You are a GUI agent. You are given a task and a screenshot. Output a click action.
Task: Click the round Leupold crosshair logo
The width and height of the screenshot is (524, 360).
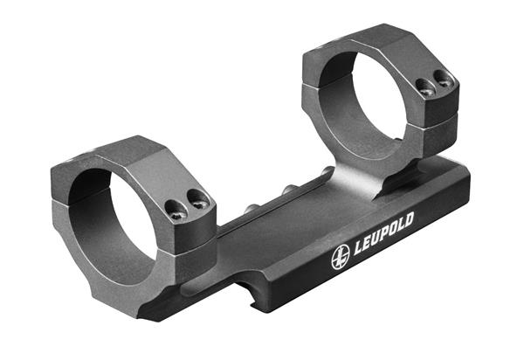point(341,257)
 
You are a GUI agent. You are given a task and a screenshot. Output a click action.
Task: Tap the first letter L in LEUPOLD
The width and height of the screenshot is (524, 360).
point(358,246)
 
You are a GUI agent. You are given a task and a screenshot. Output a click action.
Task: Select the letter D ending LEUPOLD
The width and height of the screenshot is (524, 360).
point(409,220)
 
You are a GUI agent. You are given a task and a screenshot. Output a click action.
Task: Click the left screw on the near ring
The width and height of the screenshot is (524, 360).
point(176,211)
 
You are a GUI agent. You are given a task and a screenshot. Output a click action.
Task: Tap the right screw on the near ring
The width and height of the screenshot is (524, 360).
point(198,199)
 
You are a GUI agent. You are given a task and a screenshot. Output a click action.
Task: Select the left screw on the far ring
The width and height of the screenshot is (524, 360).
point(427,88)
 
